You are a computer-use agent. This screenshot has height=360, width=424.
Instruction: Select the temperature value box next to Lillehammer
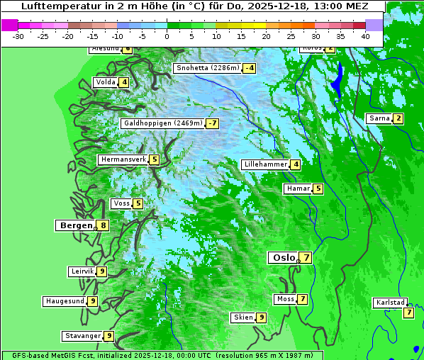coord(295,164)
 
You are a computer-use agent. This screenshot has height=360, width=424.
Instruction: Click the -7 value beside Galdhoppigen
coord(212,123)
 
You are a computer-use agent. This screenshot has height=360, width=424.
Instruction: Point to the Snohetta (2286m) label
coord(207,68)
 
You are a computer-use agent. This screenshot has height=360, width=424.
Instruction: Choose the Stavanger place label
coord(82,336)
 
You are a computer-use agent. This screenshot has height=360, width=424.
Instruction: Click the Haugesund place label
coord(65,301)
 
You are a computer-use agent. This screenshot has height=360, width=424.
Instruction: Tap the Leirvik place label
coord(82,271)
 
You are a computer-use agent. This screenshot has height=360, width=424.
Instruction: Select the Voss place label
coord(121,203)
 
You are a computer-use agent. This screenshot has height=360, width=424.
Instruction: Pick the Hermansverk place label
coord(123,159)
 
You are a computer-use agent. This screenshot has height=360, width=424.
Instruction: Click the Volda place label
coord(104,82)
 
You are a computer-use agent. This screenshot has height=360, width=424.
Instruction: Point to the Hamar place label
coord(296,189)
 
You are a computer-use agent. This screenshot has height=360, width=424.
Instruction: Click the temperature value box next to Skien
coord(261,317)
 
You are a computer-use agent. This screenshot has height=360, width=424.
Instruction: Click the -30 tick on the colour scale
coord(18,35)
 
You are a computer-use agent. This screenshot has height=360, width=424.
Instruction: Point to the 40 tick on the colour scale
coord(365,35)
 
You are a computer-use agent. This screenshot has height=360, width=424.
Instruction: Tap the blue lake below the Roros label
coord(337,78)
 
